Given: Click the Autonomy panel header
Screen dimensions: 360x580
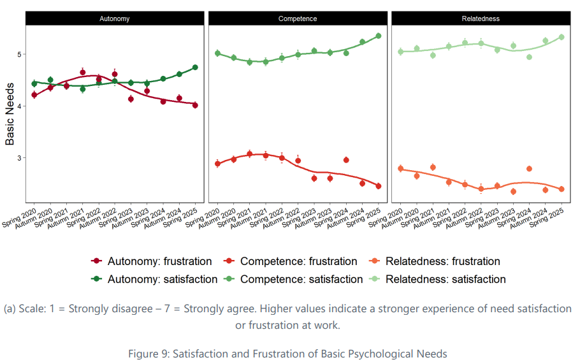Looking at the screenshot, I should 115,18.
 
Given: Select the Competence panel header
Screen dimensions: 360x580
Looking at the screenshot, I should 298,18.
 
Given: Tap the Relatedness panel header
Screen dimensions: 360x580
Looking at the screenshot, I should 481,18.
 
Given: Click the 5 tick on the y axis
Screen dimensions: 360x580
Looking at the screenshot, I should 19,54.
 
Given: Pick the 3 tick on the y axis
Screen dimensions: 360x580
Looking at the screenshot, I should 19,157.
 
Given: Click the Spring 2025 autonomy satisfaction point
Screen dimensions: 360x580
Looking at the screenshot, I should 195,67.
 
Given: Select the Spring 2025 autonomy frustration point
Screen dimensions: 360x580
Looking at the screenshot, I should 195,105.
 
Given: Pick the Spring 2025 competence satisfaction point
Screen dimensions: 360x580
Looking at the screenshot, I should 378,36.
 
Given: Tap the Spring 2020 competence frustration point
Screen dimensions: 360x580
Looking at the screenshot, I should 217,164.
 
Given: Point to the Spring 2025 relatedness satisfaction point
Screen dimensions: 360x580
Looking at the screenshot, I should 561,37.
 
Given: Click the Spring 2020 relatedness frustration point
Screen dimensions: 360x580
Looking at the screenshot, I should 400,168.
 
